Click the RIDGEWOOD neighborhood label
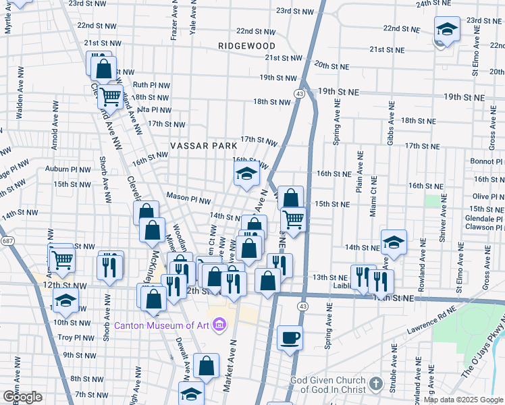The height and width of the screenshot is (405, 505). tap(247, 46)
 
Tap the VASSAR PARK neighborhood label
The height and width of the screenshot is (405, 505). tap(204, 146)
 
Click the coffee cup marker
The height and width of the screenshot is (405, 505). tap(290, 337)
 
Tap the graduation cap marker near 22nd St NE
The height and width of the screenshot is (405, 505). tap(446, 30)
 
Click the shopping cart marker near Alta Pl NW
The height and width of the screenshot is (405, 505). tap(110, 96)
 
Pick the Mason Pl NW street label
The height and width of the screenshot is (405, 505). tap(188, 200)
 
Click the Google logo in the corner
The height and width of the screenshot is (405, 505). tap(23, 396)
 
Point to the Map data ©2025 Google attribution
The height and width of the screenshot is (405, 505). tap(462, 400)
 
